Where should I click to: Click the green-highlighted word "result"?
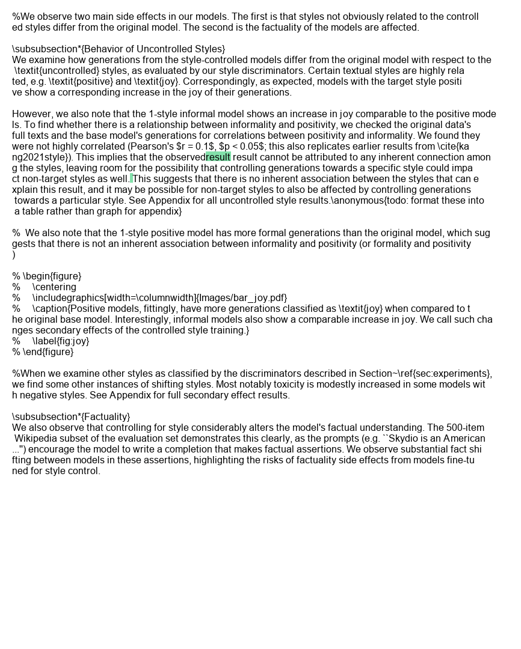(x=218, y=157)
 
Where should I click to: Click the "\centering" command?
(x=54, y=287)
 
